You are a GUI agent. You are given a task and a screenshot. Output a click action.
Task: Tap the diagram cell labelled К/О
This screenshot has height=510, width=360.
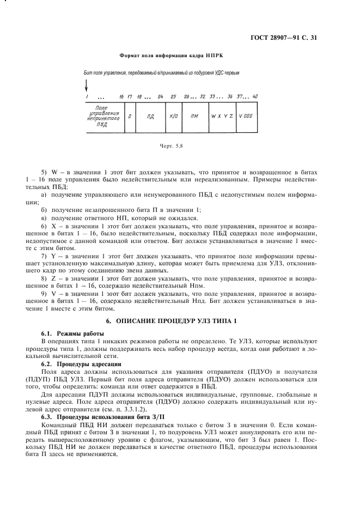(174, 116)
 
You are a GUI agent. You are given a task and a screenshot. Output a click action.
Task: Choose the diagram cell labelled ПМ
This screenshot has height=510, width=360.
(194, 116)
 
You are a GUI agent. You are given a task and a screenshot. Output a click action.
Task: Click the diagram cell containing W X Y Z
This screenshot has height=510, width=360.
(222, 116)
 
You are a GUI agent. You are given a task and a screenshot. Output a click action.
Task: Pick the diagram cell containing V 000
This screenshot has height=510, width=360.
(246, 116)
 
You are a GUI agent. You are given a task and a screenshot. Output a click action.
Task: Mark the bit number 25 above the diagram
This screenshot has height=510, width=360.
(173, 96)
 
